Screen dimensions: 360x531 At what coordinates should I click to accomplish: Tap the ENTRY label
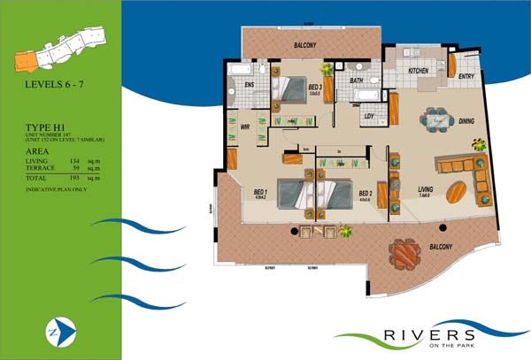(466, 78)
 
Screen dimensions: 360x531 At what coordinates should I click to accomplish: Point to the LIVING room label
(426, 188)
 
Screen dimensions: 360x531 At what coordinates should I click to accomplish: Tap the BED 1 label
(260, 192)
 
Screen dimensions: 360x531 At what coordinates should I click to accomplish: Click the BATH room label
(356, 80)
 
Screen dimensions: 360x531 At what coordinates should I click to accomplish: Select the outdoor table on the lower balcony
(405, 256)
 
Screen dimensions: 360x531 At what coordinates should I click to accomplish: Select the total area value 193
(73, 179)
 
